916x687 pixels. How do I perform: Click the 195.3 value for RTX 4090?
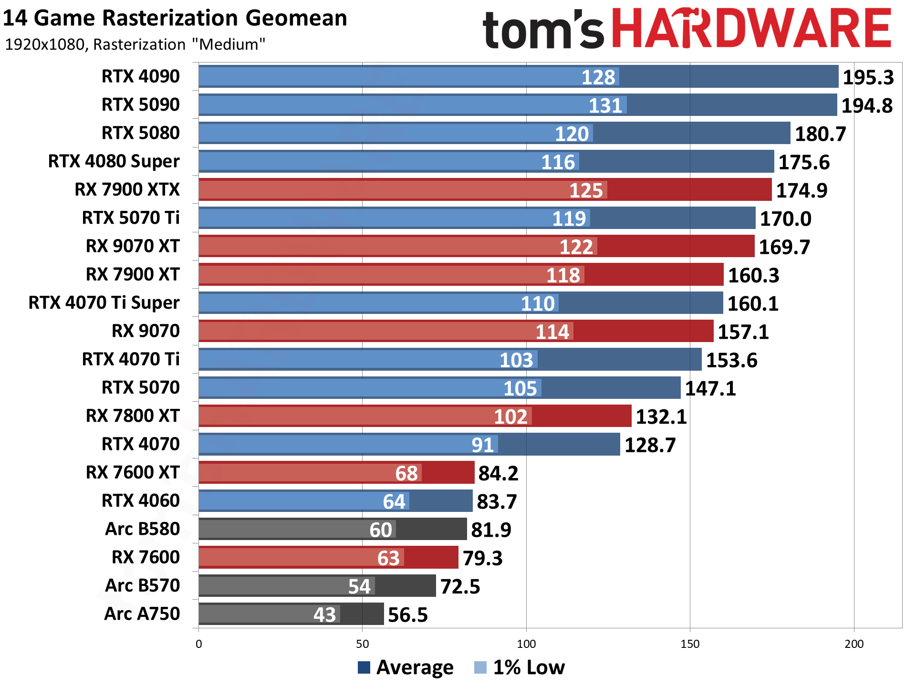pyautogui.click(x=868, y=77)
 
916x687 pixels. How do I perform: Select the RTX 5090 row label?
pyautogui.click(x=141, y=104)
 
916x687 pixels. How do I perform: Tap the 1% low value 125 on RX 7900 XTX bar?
pyautogui.click(x=586, y=190)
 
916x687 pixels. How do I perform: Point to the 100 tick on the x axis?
pyautogui.click(x=526, y=644)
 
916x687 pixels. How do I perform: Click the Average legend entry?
pyautogui.click(x=406, y=667)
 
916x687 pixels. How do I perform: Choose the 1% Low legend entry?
pyautogui.click(x=520, y=667)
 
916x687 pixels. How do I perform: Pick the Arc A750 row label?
pyautogui.click(x=142, y=614)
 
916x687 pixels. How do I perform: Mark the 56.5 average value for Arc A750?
pyautogui.click(x=407, y=615)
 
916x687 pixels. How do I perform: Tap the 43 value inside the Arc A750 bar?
pyautogui.click(x=325, y=614)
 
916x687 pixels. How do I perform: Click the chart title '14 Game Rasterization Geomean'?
pyautogui.click(x=175, y=18)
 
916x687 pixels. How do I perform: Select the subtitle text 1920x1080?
pyautogui.click(x=45, y=44)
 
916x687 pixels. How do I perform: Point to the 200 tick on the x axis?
pyautogui.click(x=854, y=644)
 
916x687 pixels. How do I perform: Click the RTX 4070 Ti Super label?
pyautogui.click(x=104, y=302)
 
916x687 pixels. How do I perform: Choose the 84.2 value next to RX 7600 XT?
pyautogui.click(x=498, y=473)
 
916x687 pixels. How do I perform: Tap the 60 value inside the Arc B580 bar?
pyautogui.click(x=381, y=530)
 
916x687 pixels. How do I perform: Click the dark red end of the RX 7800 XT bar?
pyautogui.click(x=582, y=416)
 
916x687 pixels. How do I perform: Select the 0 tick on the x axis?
pyautogui.click(x=199, y=644)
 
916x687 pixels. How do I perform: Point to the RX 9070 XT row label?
pyautogui.click(x=133, y=246)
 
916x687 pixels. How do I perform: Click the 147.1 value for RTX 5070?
pyautogui.click(x=710, y=388)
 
